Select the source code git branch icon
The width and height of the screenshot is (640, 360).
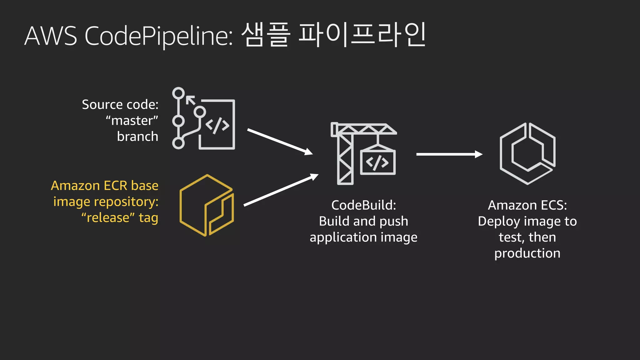[x=203, y=118]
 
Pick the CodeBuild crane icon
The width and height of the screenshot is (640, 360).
[x=364, y=153]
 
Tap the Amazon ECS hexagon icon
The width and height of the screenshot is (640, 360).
[x=527, y=153]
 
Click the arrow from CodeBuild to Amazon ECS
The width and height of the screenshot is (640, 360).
[x=449, y=154]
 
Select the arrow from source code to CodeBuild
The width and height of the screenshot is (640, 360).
[x=280, y=142]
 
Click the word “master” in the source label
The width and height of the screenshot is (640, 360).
[x=132, y=121]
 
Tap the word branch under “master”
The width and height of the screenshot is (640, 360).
[x=137, y=137]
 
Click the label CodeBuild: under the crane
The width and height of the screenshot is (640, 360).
[x=363, y=205]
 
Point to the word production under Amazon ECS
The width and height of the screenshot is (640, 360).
[x=527, y=253]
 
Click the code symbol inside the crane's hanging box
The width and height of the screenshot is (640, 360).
[x=377, y=162]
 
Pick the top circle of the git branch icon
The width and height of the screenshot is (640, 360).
[x=179, y=93]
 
